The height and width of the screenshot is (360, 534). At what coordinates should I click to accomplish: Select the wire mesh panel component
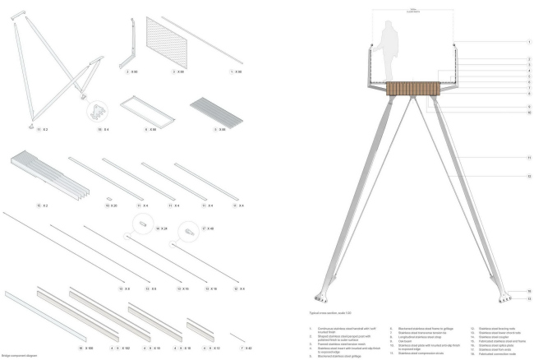(168, 45)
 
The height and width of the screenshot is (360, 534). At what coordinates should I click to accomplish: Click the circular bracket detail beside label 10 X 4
(99, 112)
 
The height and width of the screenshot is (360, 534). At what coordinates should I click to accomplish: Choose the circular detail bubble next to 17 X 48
(189, 234)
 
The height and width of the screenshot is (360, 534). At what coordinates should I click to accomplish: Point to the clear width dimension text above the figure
(414, 11)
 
